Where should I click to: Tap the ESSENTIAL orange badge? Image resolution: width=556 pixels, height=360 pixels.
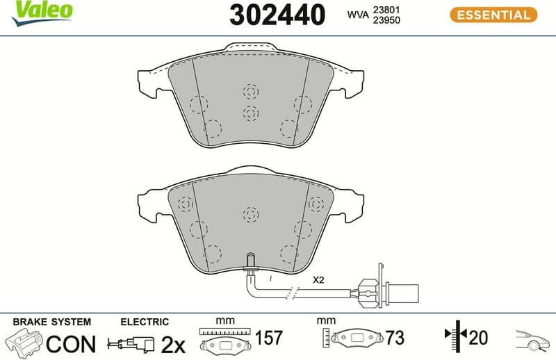click(493, 14)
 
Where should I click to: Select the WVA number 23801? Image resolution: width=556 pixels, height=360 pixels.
click(388, 8)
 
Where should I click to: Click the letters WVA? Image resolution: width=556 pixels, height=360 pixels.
click(359, 14)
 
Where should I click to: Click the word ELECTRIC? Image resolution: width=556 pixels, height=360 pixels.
click(145, 322)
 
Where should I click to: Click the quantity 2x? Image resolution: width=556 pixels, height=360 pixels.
click(172, 343)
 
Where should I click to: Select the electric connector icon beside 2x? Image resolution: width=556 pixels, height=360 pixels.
click(132, 343)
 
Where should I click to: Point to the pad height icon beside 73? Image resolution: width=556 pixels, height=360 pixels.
click(354, 339)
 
